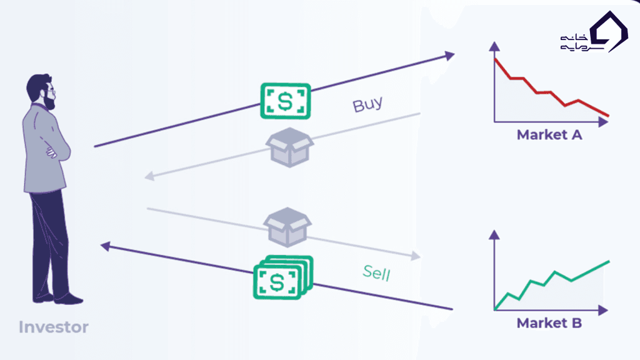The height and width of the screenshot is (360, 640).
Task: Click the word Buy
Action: (x=367, y=104)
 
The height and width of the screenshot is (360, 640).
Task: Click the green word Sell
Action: (x=377, y=272)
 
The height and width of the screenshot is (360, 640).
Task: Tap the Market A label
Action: (x=549, y=134)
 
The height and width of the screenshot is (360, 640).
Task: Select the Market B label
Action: (x=549, y=323)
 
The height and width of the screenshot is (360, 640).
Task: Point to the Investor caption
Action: (x=53, y=327)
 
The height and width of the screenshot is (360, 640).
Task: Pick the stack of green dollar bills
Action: (x=283, y=277)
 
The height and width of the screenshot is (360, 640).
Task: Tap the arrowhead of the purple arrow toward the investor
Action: (x=106, y=247)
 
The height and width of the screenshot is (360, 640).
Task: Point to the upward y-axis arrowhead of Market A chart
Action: (x=494, y=46)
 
